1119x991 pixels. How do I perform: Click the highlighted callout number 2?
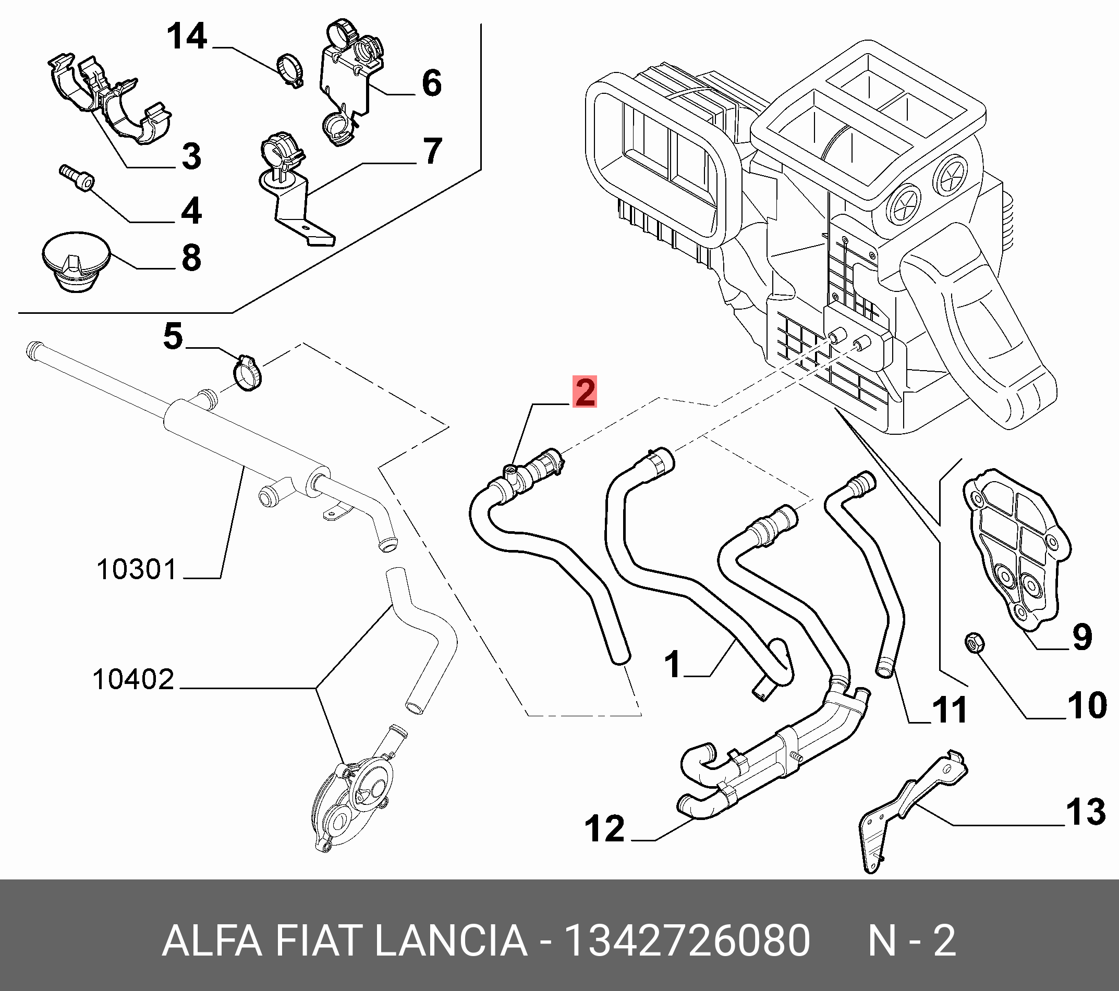pyautogui.click(x=585, y=392)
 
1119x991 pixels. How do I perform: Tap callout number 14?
pyautogui.click(x=187, y=37)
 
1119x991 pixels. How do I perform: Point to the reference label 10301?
pyautogui.click(x=136, y=570)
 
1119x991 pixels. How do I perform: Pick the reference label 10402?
pyautogui.click(x=133, y=680)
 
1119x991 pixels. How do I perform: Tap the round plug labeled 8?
pyautogui.click(x=76, y=263)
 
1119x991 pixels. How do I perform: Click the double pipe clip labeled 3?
pyautogui.click(x=110, y=99)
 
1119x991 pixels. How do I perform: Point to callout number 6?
pyautogui.click(x=431, y=84)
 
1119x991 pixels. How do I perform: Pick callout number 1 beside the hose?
pyautogui.click(x=672, y=664)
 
